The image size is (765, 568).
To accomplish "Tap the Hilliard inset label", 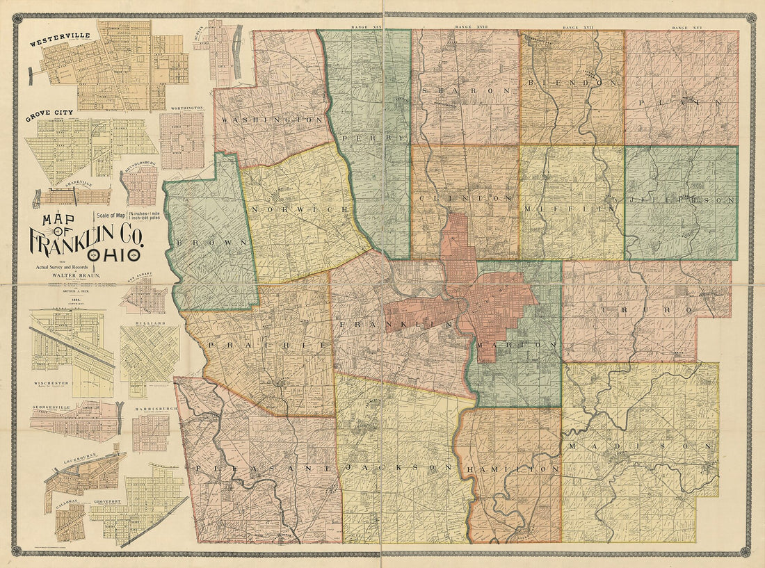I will [x=150, y=323].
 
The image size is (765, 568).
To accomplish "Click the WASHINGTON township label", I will [x=271, y=120].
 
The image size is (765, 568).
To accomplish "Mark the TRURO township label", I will [x=626, y=308].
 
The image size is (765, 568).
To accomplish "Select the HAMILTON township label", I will [x=515, y=470].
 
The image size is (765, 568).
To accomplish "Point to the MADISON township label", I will [x=640, y=446].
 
